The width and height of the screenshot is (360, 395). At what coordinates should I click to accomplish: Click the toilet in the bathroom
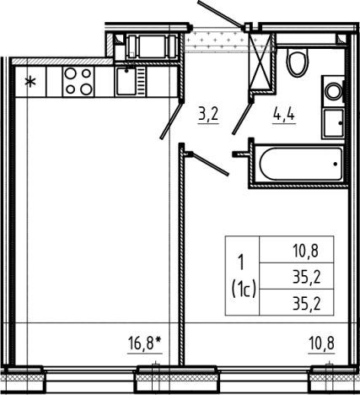[x=298, y=62]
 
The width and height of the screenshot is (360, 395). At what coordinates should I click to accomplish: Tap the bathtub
[x=301, y=164]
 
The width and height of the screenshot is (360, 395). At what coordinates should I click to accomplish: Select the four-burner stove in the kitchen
[x=78, y=82]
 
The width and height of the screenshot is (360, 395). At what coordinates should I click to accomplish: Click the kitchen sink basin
[x=126, y=81]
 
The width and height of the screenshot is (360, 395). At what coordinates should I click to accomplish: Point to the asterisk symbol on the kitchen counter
[x=30, y=82]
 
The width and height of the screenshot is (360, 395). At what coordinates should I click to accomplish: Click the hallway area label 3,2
[x=208, y=115]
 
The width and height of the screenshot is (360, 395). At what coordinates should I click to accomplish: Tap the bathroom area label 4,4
[x=284, y=115]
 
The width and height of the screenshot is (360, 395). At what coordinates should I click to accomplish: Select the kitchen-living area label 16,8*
[x=145, y=344]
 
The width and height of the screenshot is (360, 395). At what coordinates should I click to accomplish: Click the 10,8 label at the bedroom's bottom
[x=321, y=344]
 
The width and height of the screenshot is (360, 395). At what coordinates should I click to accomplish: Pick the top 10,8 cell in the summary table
[x=306, y=251]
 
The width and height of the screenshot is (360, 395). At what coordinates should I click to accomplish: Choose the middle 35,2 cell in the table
[x=306, y=277]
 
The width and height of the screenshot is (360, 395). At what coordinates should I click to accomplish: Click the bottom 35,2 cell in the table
[x=306, y=303]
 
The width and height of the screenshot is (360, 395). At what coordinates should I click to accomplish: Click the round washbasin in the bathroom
[x=334, y=91]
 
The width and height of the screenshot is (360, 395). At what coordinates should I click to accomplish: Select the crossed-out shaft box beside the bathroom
[x=261, y=62]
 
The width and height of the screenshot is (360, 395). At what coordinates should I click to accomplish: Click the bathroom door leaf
[x=241, y=118]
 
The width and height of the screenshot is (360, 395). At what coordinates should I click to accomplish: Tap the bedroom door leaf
[x=211, y=164]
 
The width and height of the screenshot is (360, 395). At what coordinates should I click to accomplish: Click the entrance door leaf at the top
[x=221, y=14]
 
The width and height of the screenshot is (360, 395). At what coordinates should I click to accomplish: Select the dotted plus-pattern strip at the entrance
[x=216, y=40]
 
